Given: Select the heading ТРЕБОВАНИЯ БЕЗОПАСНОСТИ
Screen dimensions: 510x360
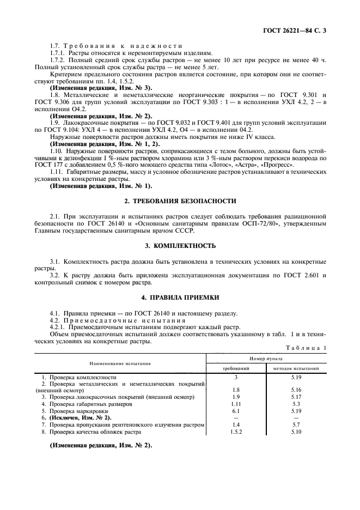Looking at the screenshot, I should click(x=185, y=201).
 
